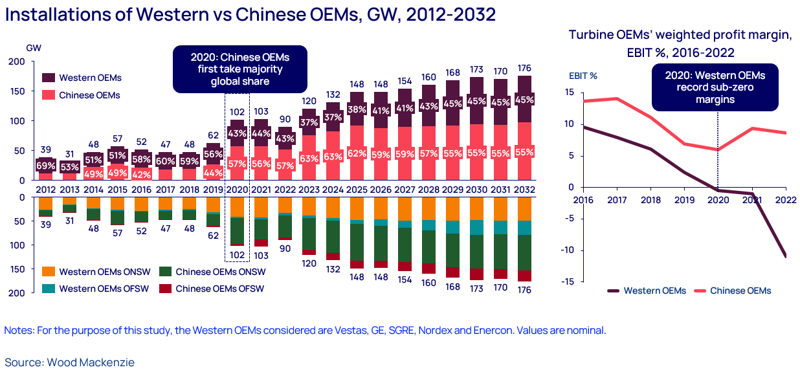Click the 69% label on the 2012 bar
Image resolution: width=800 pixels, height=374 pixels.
(45, 166)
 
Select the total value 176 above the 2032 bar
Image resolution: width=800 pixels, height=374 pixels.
(524, 69)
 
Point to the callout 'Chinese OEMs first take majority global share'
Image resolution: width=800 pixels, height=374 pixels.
(239, 69)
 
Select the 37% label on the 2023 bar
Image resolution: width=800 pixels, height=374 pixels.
(309, 122)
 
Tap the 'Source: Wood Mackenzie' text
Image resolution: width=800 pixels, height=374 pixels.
(69, 362)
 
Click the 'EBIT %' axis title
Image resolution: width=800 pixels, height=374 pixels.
(583, 76)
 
